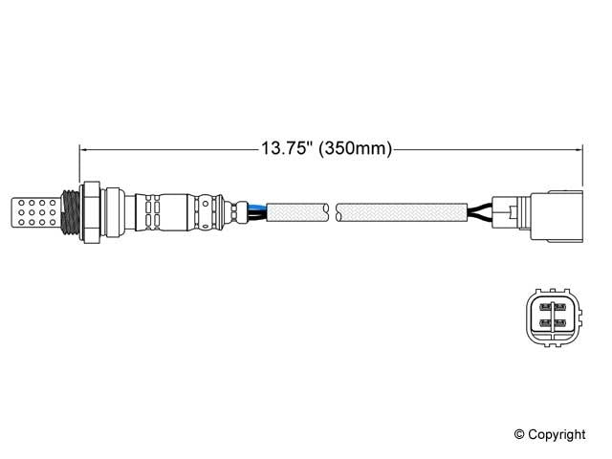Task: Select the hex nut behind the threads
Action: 93,211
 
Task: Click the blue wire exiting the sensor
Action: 256,204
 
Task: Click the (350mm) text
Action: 355,149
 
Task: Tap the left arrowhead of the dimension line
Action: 83,149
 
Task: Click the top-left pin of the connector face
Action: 545,309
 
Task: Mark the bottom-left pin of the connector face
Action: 545,325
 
